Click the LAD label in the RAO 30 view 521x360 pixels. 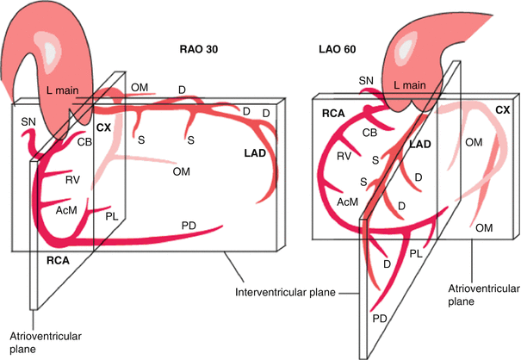coord(258,152)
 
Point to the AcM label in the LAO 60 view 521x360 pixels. coord(348,201)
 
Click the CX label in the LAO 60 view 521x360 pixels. coord(502,109)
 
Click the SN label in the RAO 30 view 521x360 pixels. coord(28,124)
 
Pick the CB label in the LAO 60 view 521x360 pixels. coord(369,133)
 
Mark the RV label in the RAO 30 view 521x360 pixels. coord(72,181)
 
